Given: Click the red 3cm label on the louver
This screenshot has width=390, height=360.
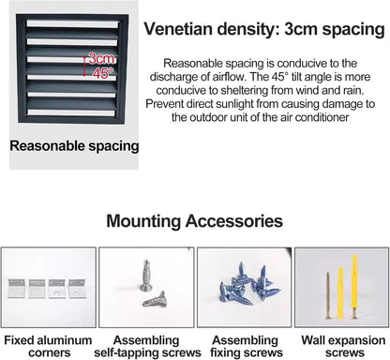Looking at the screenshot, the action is point(101,59).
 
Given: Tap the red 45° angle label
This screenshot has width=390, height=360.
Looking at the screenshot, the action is point(103,73).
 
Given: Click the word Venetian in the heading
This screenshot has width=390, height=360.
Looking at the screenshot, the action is point(178,29).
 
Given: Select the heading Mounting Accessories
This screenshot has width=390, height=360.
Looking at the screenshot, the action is point(194,221).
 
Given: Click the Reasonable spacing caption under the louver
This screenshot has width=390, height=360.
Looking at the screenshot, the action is point(74,146).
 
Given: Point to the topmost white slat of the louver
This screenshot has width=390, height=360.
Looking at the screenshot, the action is point(72,24).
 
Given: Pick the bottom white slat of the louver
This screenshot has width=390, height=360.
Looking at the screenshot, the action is point(71,112).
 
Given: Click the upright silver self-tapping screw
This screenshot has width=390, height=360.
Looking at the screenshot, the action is point(145,276).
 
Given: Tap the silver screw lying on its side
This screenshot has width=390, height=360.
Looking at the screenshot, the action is point(155,299).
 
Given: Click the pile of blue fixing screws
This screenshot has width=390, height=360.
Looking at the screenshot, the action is point(245,284).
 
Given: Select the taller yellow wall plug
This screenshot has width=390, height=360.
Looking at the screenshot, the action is point(354,286).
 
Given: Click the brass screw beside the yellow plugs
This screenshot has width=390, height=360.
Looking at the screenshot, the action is point(328,295).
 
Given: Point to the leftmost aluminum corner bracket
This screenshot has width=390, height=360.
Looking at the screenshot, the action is point(15,289).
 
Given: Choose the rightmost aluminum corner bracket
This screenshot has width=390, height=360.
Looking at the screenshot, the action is point(77,289).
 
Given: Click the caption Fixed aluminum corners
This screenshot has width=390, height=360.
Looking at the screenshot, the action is point(48,346).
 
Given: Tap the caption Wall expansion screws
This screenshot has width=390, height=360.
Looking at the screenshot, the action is point(343,346).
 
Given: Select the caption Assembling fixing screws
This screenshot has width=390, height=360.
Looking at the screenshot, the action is point(247,346).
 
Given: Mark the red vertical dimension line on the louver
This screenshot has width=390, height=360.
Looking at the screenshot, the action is point(84,66).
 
